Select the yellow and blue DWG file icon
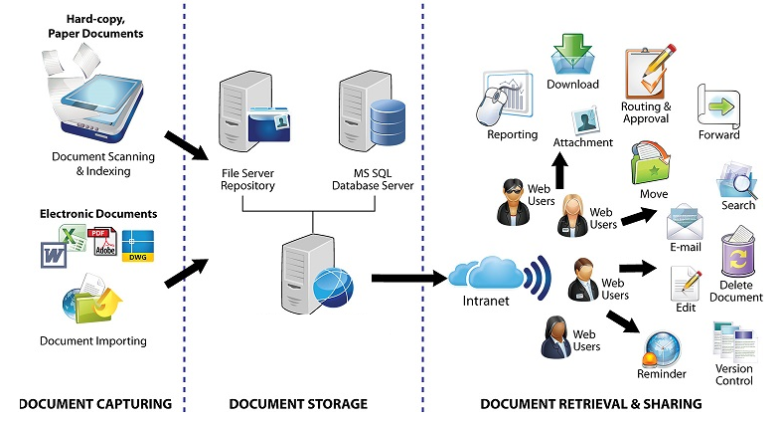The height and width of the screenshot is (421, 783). (x=138, y=246)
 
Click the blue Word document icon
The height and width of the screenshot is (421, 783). (x=54, y=255)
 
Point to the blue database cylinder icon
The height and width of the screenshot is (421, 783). (x=388, y=122)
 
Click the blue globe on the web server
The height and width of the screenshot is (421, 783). (x=333, y=289)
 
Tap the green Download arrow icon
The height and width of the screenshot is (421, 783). (x=572, y=55)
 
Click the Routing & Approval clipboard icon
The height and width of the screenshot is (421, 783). (x=649, y=73)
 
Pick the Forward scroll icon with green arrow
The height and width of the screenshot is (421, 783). (x=718, y=106)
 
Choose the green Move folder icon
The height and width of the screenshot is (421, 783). (x=651, y=163)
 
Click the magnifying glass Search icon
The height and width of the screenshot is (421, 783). (x=736, y=180)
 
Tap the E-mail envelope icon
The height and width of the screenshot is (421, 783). (x=685, y=222)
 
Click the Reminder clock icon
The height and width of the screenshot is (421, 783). (x=661, y=349)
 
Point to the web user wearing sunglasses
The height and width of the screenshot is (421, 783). (x=514, y=202)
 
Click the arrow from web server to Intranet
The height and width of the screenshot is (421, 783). (x=409, y=278)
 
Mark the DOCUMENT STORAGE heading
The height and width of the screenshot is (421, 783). (x=298, y=404)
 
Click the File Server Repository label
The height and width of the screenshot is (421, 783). (x=247, y=179)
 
